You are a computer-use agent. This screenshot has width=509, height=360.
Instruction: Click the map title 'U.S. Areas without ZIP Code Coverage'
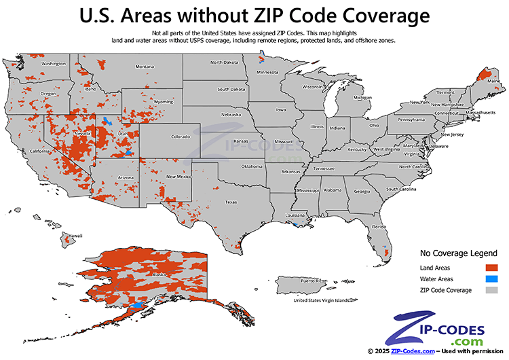[254, 15]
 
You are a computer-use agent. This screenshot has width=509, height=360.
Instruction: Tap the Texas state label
[231, 202]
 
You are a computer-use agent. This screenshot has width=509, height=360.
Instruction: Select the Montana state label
[144, 67]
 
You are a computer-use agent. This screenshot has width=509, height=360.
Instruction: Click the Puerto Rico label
[314, 281]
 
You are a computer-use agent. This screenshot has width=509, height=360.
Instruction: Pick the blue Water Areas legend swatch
[493, 278]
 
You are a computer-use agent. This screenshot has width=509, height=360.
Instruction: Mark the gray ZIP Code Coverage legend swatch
[493, 290]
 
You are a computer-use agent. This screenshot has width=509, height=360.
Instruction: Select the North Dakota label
[225, 62]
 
